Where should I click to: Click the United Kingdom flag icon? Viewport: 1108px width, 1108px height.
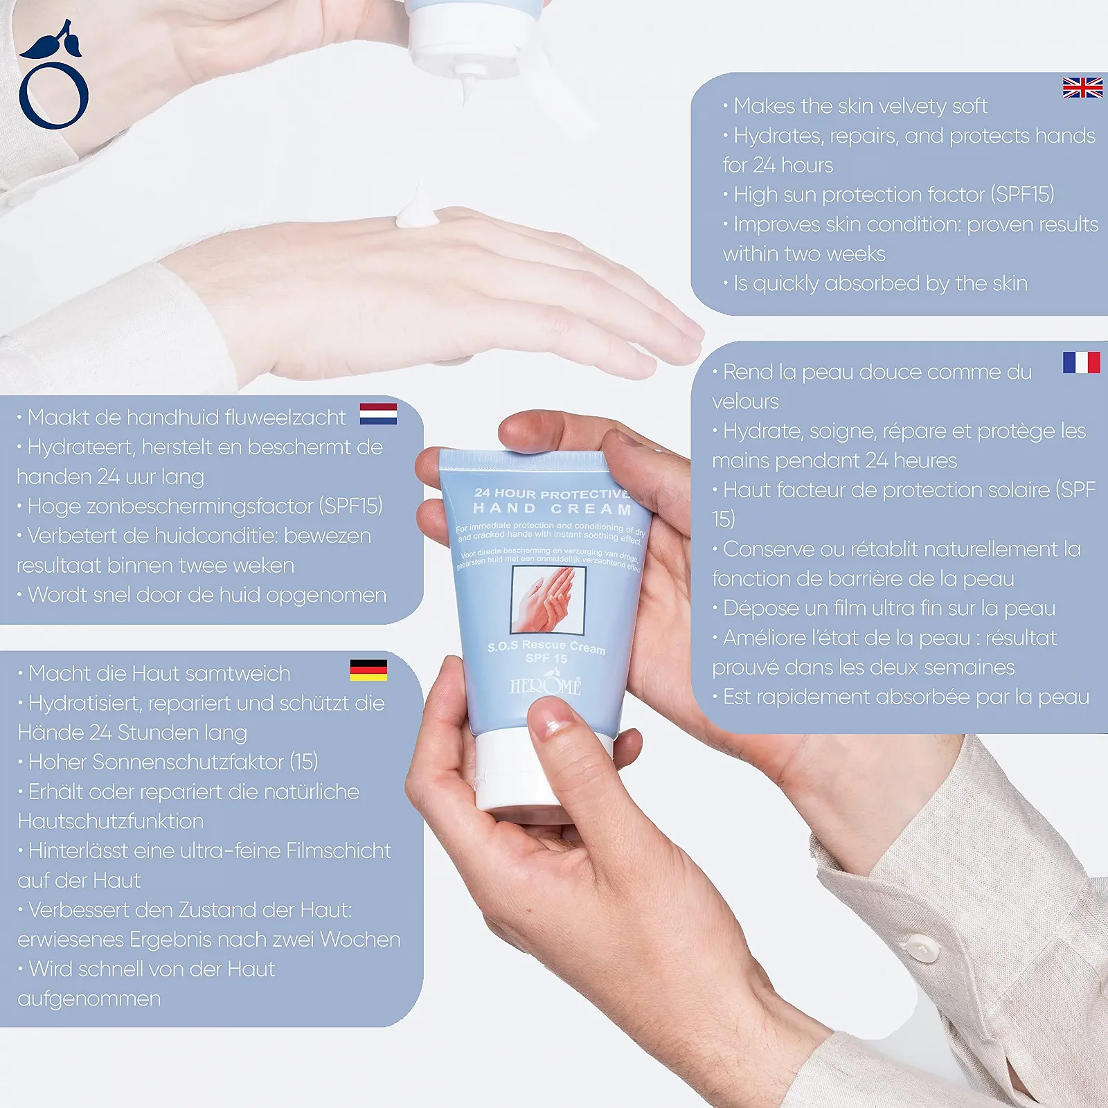coord(1082,88)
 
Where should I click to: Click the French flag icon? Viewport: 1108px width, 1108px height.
coord(1081,362)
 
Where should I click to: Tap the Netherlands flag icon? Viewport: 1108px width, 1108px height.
coord(378,413)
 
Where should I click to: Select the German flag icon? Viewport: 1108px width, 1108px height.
coord(368,670)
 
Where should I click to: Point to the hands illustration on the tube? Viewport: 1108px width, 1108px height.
coord(548,600)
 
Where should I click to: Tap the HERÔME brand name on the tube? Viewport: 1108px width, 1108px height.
coord(546,685)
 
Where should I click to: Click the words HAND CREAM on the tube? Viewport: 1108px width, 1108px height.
coord(552,509)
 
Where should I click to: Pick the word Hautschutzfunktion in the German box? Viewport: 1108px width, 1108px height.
coord(111,821)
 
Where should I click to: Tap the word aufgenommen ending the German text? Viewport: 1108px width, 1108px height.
coord(89,999)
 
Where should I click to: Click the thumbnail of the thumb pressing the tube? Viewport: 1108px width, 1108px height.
coord(552,717)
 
